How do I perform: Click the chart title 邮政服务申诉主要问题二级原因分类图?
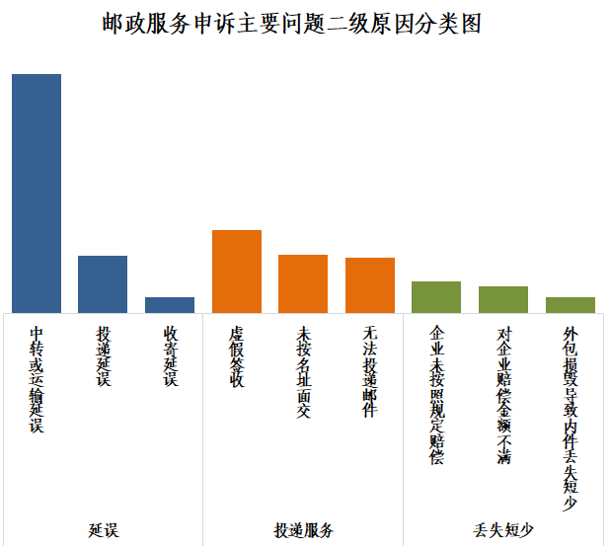(291, 25)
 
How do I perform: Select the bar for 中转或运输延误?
(37, 194)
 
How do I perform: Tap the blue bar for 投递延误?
(103, 284)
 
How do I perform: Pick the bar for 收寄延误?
(170, 305)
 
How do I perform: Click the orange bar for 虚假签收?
(237, 272)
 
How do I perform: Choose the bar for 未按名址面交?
(303, 284)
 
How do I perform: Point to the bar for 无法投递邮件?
(370, 285)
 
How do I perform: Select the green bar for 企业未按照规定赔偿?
(436, 297)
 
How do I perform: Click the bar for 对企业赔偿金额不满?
(503, 300)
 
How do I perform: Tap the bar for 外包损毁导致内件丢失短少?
(571, 305)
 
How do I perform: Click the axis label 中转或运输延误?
(37, 379)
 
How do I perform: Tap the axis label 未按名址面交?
(303, 371)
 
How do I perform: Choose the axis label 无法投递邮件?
(370, 371)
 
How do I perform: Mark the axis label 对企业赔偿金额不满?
(503, 395)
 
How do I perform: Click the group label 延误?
(103, 530)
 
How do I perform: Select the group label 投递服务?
(303, 530)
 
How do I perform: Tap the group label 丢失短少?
(503, 530)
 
